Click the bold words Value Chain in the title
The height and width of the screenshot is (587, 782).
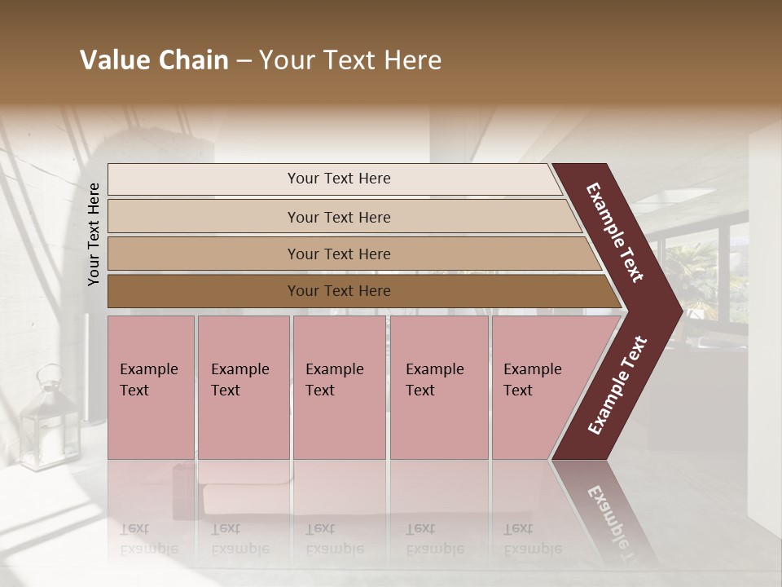coord(154,60)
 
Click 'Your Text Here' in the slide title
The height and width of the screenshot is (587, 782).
coord(350,60)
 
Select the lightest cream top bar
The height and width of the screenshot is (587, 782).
coord(204,179)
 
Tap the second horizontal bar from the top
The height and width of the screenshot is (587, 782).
coord(204,217)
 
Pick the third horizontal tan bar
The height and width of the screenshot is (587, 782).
coord(204,254)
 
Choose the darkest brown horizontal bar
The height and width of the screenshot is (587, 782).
coord(204,291)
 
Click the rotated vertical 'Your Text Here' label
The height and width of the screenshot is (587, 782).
coord(94,234)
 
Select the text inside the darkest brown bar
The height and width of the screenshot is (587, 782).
coord(339,291)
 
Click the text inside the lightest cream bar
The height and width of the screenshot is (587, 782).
coord(339,179)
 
